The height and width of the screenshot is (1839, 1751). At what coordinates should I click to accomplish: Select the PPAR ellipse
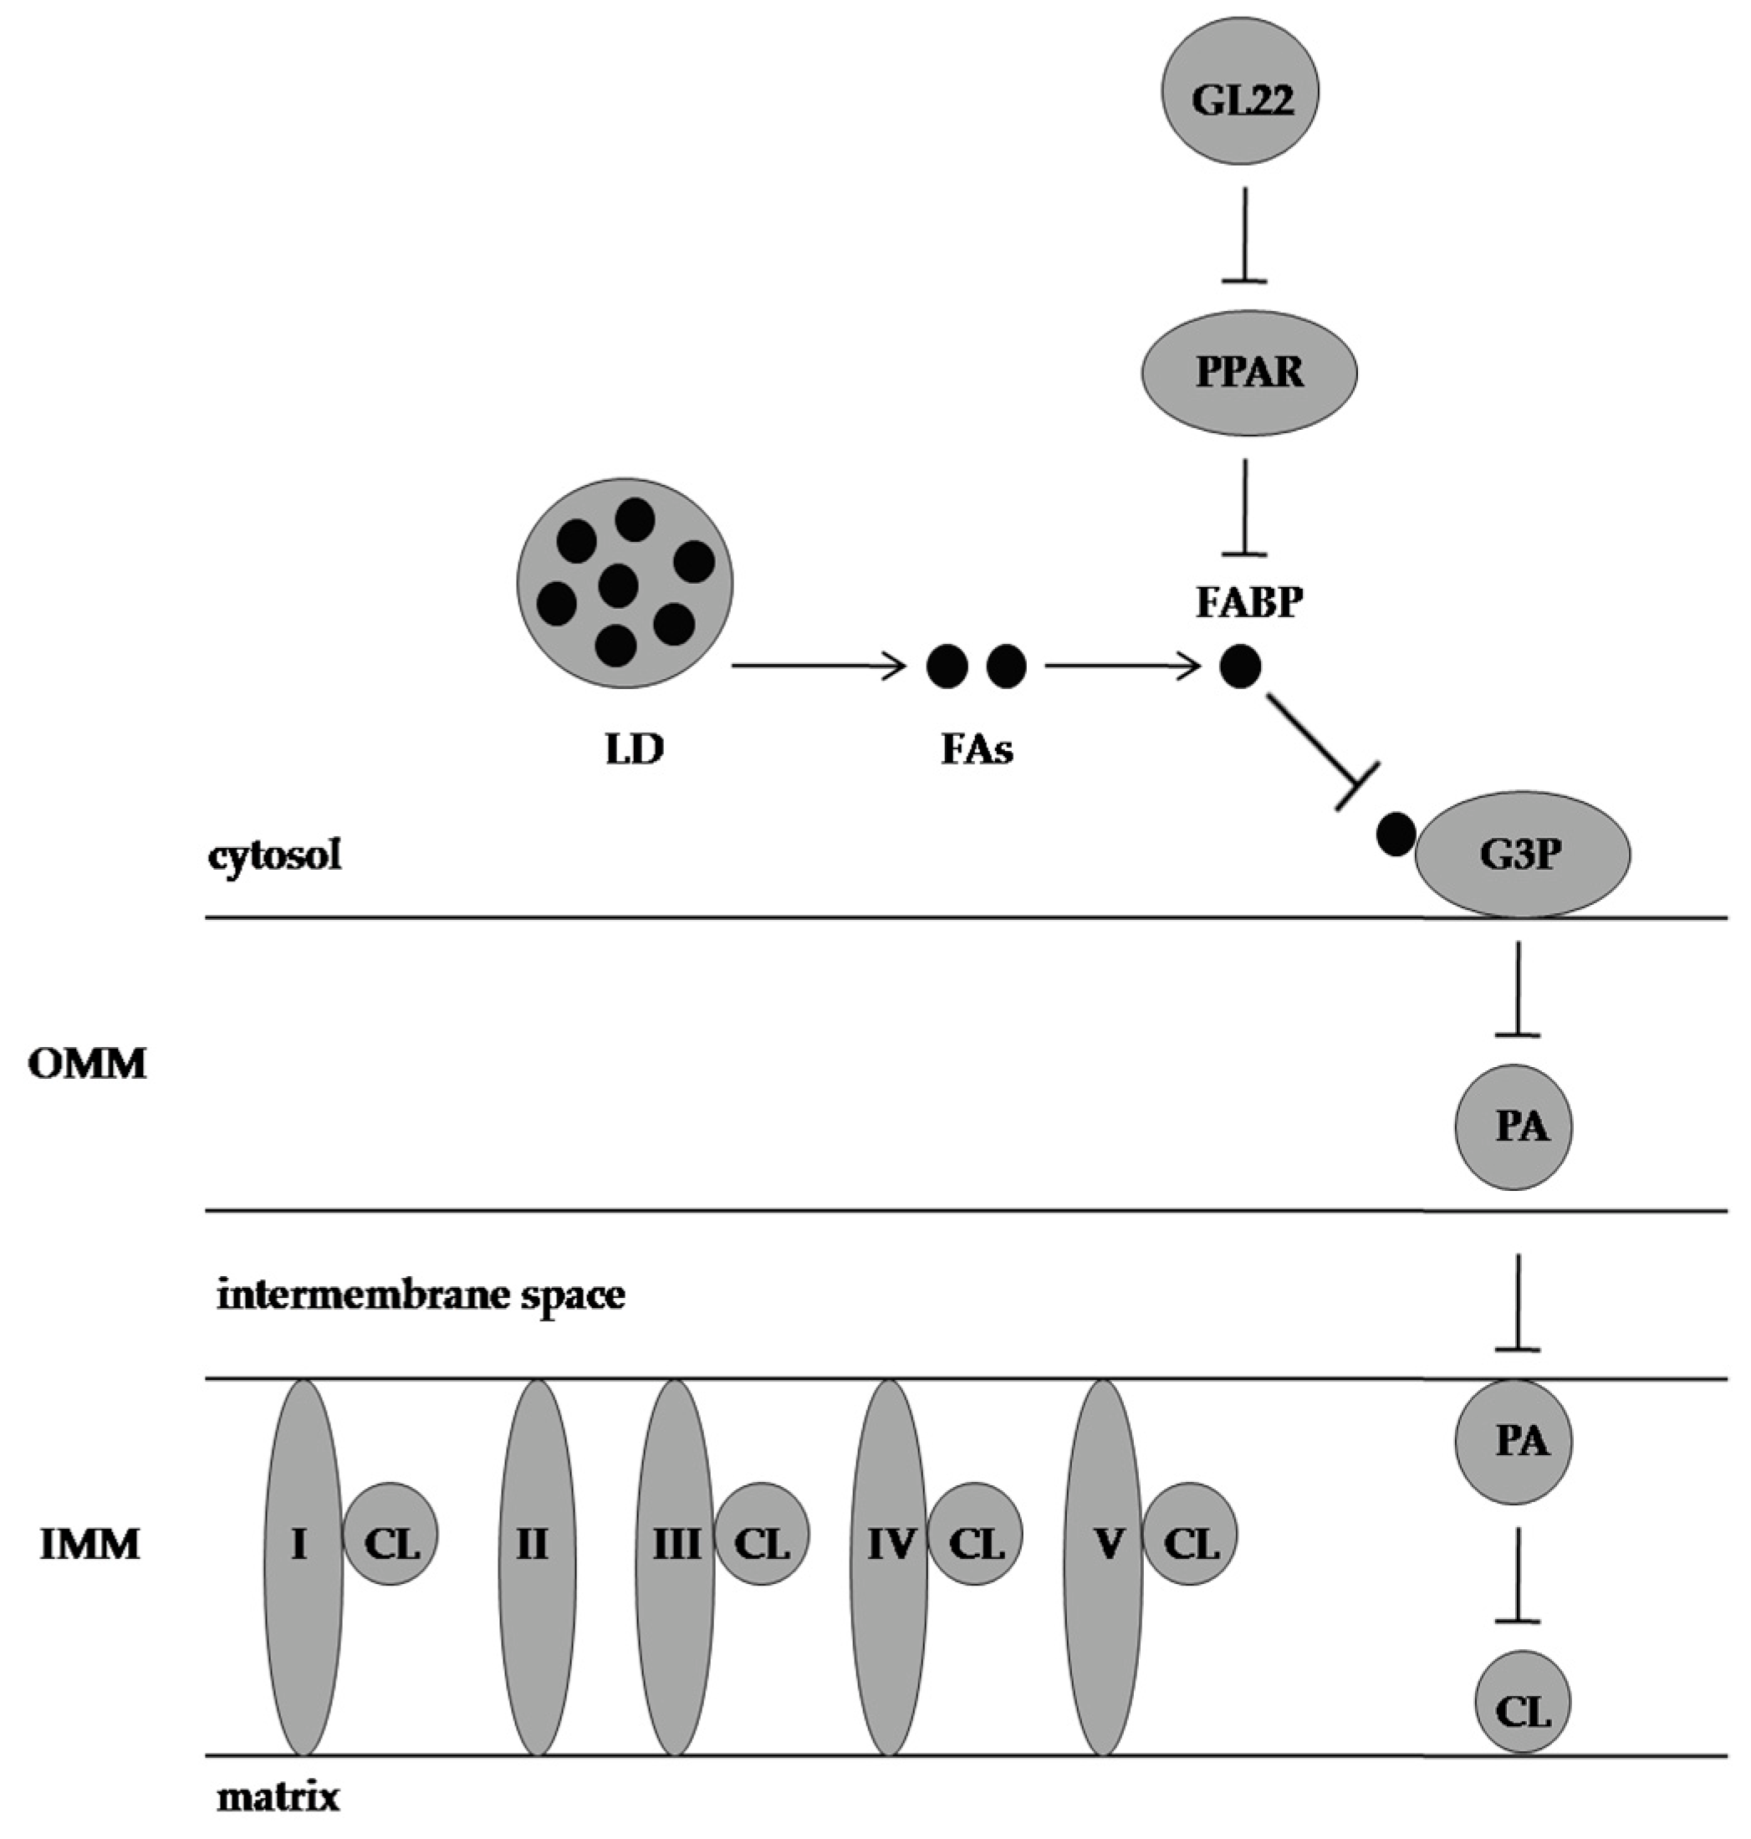coord(1248,372)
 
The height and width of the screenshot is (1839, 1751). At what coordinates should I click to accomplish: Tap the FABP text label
coord(1248,603)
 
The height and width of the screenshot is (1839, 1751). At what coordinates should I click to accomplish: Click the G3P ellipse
coord(1523,853)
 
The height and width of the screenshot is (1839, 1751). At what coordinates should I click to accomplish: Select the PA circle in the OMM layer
coord(1513,1126)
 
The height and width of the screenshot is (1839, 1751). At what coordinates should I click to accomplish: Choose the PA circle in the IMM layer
coord(1513,1440)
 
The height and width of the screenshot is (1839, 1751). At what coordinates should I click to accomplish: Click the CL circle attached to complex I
coord(391,1545)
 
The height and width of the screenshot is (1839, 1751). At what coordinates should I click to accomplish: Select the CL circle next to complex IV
coord(975,1545)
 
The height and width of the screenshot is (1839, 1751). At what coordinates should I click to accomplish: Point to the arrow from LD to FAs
coord(819,667)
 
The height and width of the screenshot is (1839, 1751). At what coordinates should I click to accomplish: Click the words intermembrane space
coord(421,1295)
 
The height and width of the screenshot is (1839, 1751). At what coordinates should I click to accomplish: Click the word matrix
coord(278,1796)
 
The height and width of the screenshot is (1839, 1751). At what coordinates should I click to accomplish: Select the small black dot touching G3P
coord(1395,834)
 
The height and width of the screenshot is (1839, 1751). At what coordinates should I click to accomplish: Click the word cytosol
coord(274,854)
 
